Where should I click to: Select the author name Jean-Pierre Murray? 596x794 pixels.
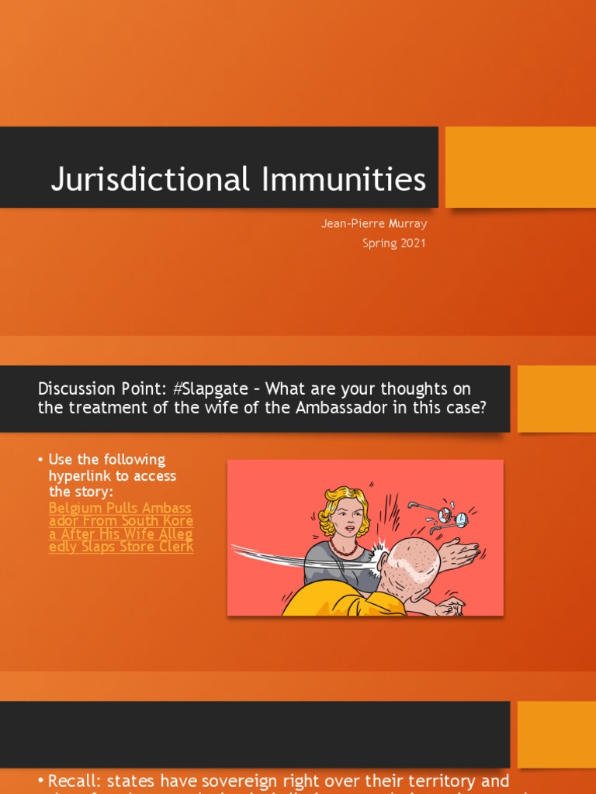coord(374,223)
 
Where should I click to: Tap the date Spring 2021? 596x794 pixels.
coord(394,243)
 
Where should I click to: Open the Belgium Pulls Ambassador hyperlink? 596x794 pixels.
coord(121,527)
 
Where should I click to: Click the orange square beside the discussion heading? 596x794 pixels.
coord(556,399)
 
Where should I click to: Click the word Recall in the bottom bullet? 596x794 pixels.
coord(71,781)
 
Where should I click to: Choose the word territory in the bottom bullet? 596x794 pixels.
coord(439,781)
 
